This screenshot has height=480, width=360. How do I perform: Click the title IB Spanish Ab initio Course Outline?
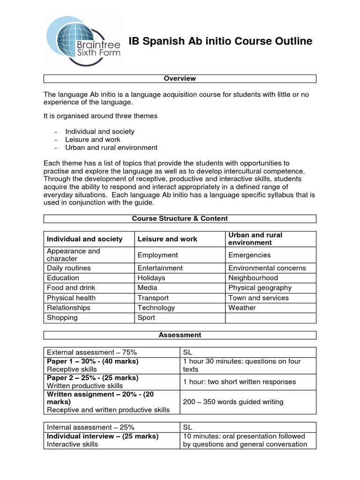(220, 42)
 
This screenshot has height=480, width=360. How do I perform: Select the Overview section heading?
(180, 78)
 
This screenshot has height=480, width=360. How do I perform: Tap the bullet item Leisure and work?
(93, 139)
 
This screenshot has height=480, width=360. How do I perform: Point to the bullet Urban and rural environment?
(111, 147)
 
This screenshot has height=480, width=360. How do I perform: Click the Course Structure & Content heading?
(180, 218)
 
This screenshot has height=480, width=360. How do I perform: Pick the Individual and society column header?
(85, 239)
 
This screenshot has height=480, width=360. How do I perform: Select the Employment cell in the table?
(158, 255)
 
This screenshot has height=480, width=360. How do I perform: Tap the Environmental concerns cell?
(267, 268)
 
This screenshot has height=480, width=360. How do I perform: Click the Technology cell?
(156, 307)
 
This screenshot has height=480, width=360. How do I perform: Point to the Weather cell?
(242, 307)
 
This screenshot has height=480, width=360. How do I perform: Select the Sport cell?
(146, 317)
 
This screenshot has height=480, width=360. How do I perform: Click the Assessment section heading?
(180, 335)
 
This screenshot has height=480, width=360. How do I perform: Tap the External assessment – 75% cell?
(90, 352)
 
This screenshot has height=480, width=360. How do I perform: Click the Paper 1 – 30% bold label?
(92, 361)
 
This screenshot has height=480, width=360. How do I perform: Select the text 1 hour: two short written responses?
(240, 382)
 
